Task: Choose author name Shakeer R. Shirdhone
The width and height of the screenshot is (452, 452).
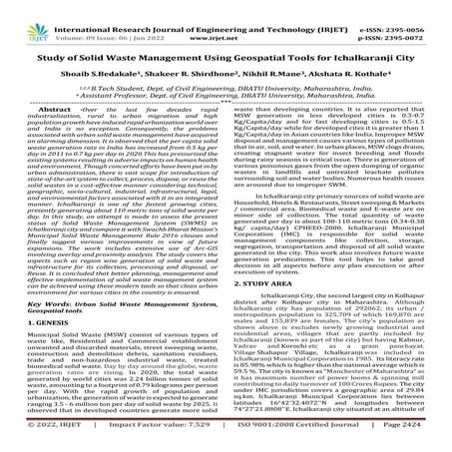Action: tap(178, 61)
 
